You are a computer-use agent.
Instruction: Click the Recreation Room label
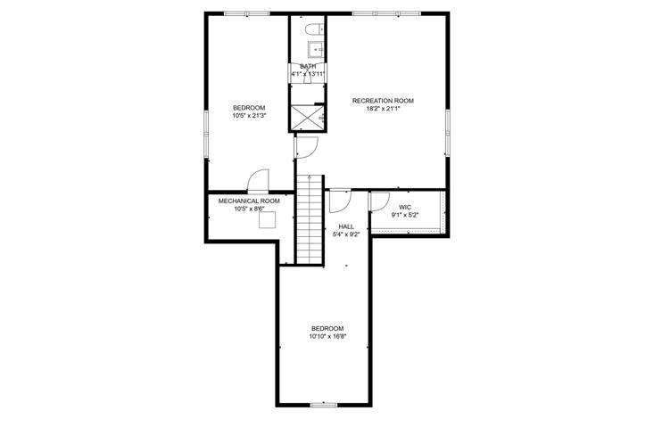383,101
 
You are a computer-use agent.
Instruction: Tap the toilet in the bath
314,29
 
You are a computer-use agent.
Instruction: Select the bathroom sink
316,50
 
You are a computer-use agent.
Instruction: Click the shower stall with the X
307,118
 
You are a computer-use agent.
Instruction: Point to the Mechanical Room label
249,201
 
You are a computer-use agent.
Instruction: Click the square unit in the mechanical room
268,219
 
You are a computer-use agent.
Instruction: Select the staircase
310,219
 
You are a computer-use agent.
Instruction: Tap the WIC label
404,208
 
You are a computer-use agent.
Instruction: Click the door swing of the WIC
379,201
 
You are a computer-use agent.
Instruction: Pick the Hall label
346,226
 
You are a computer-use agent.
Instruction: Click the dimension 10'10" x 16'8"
327,336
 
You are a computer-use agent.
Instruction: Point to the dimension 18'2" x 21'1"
383,109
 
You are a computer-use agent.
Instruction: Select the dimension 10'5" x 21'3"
249,116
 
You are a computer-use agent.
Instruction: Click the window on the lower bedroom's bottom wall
324,404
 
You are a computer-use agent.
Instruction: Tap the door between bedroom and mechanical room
258,181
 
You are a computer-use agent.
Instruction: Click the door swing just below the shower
307,147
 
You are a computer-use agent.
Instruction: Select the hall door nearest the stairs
340,201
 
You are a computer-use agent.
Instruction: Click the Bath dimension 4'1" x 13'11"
308,74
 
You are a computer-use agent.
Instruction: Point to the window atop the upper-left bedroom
247,13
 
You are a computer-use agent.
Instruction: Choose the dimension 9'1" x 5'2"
404,216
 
